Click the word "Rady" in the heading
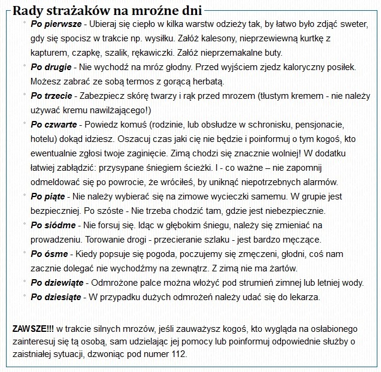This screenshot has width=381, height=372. click(x=26, y=11)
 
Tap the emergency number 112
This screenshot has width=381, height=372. click(x=179, y=354)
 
